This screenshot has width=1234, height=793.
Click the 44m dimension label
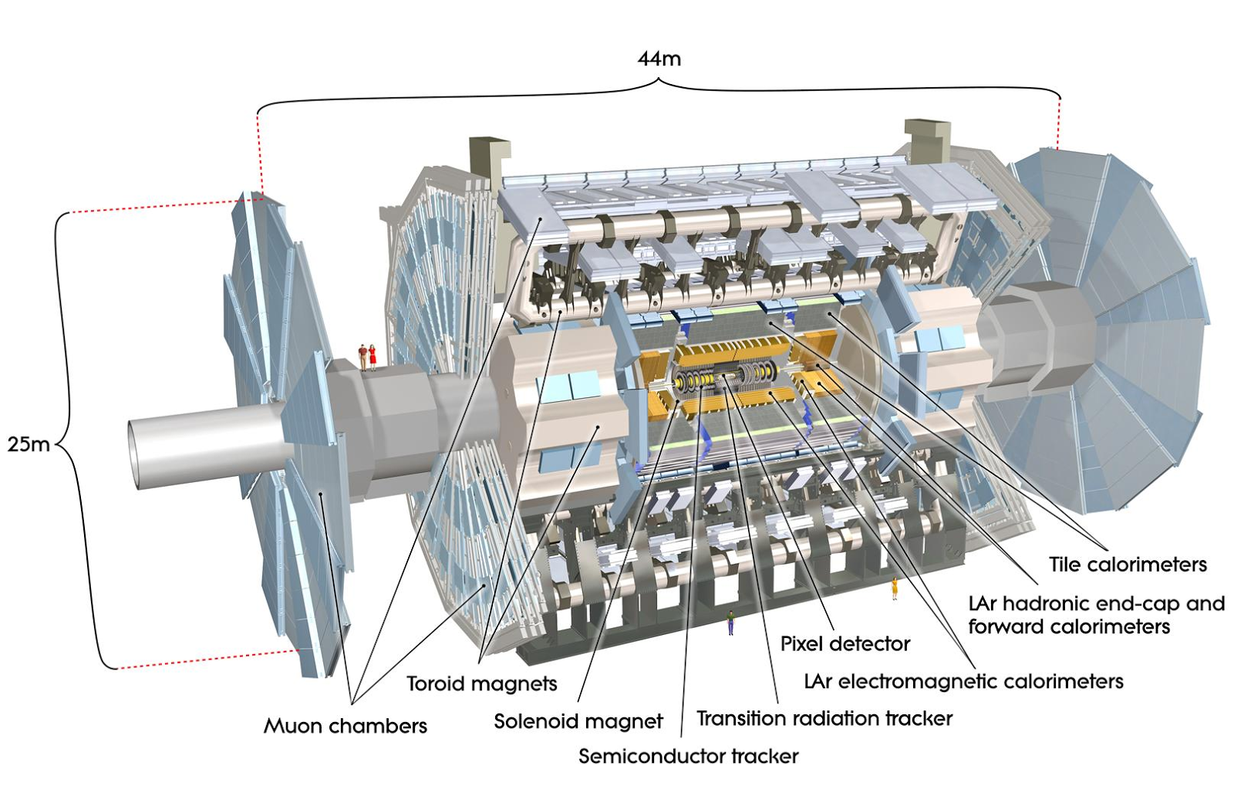(x=659, y=59)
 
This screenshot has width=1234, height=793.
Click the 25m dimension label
(x=28, y=444)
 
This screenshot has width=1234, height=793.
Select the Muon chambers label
(x=345, y=726)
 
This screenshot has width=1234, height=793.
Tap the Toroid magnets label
(x=481, y=683)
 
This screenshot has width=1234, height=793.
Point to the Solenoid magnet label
(x=578, y=721)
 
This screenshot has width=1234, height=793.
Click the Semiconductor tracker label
(x=688, y=756)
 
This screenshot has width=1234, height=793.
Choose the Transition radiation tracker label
(x=824, y=718)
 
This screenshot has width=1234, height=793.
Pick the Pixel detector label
(x=845, y=643)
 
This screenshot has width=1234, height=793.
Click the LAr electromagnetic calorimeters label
(x=963, y=681)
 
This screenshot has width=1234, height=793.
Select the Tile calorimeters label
(x=1128, y=565)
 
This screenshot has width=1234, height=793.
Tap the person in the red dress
(x=373, y=356)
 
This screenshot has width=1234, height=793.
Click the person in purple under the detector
(x=730, y=622)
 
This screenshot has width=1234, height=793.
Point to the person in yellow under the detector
(x=895, y=588)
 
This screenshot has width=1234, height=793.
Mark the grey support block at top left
(x=488, y=158)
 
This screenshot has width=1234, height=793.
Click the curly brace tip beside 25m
(x=58, y=444)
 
